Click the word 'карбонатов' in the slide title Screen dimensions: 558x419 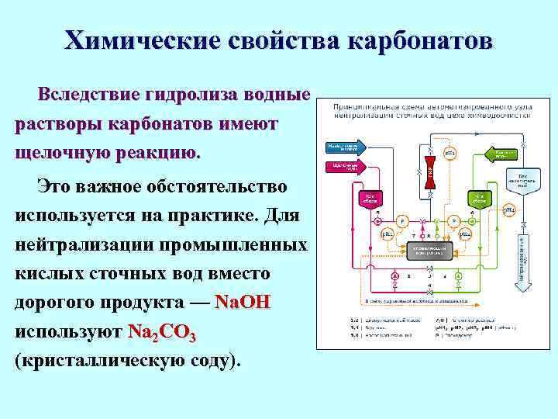tap(418, 41)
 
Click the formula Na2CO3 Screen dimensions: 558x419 tap(164, 332)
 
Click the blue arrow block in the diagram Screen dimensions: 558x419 tap(343, 147)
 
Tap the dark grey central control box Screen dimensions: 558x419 tap(432, 250)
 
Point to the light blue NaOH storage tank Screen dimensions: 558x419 tap(522, 180)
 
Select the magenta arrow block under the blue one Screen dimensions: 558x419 tap(343, 166)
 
